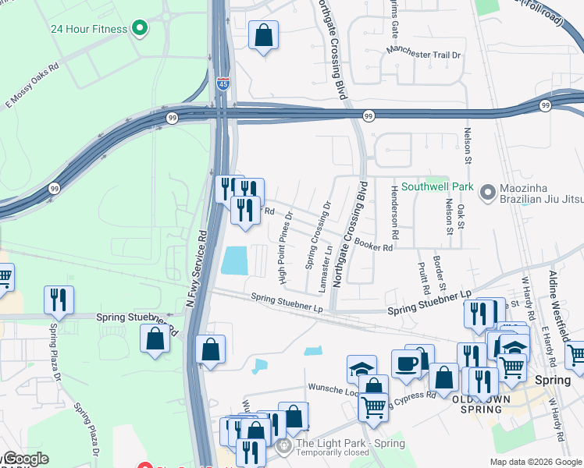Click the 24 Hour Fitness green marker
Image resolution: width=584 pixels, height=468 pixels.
(x=140, y=30)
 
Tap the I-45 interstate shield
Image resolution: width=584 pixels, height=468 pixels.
(x=223, y=83)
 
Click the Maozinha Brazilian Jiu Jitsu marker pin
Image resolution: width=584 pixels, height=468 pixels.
(x=489, y=191)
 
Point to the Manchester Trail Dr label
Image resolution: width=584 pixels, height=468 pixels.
(x=424, y=55)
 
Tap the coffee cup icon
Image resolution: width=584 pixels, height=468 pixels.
(x=406, y=363)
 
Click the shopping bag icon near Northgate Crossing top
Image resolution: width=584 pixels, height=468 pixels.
(x=264, y=34)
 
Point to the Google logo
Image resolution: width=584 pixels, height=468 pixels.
(x=25, y=459)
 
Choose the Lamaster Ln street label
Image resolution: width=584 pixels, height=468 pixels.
(x=324, y=270)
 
